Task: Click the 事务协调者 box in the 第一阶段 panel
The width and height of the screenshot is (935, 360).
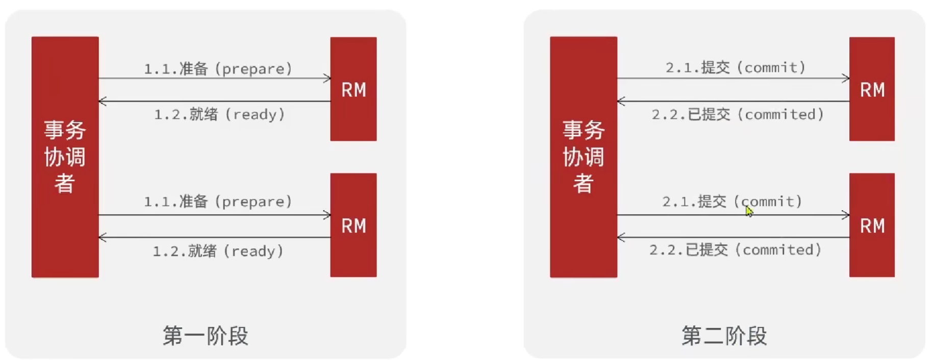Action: coord(65,157)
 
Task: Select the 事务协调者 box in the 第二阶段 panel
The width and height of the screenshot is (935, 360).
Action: coord(583,157)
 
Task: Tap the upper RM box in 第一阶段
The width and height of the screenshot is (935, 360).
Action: coord(353,89)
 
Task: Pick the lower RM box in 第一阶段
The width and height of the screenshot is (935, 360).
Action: coord(353,225)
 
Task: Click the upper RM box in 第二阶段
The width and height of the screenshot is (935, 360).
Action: coord(871,89)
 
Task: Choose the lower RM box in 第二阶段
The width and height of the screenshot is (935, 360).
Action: coord(871,225)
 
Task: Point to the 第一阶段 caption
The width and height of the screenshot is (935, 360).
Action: coord(205,336)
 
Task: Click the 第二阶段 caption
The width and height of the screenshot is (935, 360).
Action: coord(724,336)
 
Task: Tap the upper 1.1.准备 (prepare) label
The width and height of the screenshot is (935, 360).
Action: coord(218,69)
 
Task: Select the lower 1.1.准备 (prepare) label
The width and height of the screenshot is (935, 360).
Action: coord(218,201)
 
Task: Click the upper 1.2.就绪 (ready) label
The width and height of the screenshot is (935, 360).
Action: coord(219,114)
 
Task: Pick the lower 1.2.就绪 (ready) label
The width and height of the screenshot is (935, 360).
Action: coord(218,251)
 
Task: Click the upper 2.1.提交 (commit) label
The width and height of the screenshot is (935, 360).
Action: coord(735,67)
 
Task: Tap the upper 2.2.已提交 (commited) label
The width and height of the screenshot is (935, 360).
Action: coord(738,114)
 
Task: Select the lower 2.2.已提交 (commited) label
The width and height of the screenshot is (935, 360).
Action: coord(735,250)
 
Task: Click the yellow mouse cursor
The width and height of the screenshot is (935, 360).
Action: coord(749,211)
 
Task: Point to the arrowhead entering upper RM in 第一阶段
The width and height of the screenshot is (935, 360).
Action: coord(327,79)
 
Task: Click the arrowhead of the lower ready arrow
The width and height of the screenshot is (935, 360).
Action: coord(102,237)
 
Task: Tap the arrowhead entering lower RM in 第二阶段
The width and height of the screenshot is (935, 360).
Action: coord(846,215)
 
